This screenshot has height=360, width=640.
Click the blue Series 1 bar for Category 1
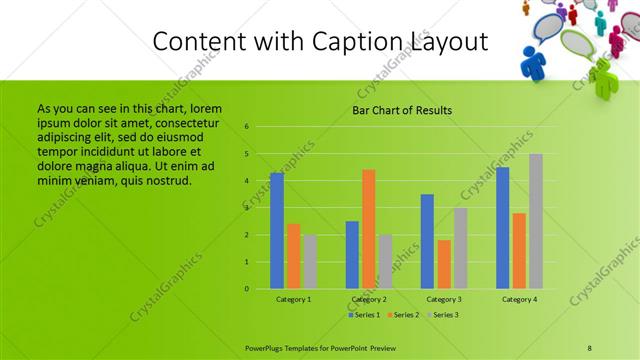coord(277,231)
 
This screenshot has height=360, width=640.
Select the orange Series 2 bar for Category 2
coord(368,229)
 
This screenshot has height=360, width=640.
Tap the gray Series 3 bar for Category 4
coord(536,221)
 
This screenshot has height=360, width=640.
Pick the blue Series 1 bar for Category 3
coord(427,241)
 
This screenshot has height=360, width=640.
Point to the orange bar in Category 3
coord(444,264)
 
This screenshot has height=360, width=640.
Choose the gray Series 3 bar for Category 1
coord(310,262)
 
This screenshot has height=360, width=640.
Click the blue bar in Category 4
coord(502,228)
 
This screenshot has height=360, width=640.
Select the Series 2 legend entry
coord(403,315)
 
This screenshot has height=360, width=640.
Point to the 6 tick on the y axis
coord(246,127)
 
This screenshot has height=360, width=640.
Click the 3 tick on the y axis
coord(246,208)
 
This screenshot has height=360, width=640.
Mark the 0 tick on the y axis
coord(246,289)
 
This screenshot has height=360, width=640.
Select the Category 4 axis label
coord(519,299)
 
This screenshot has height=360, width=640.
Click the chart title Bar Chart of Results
coord(402,110)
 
